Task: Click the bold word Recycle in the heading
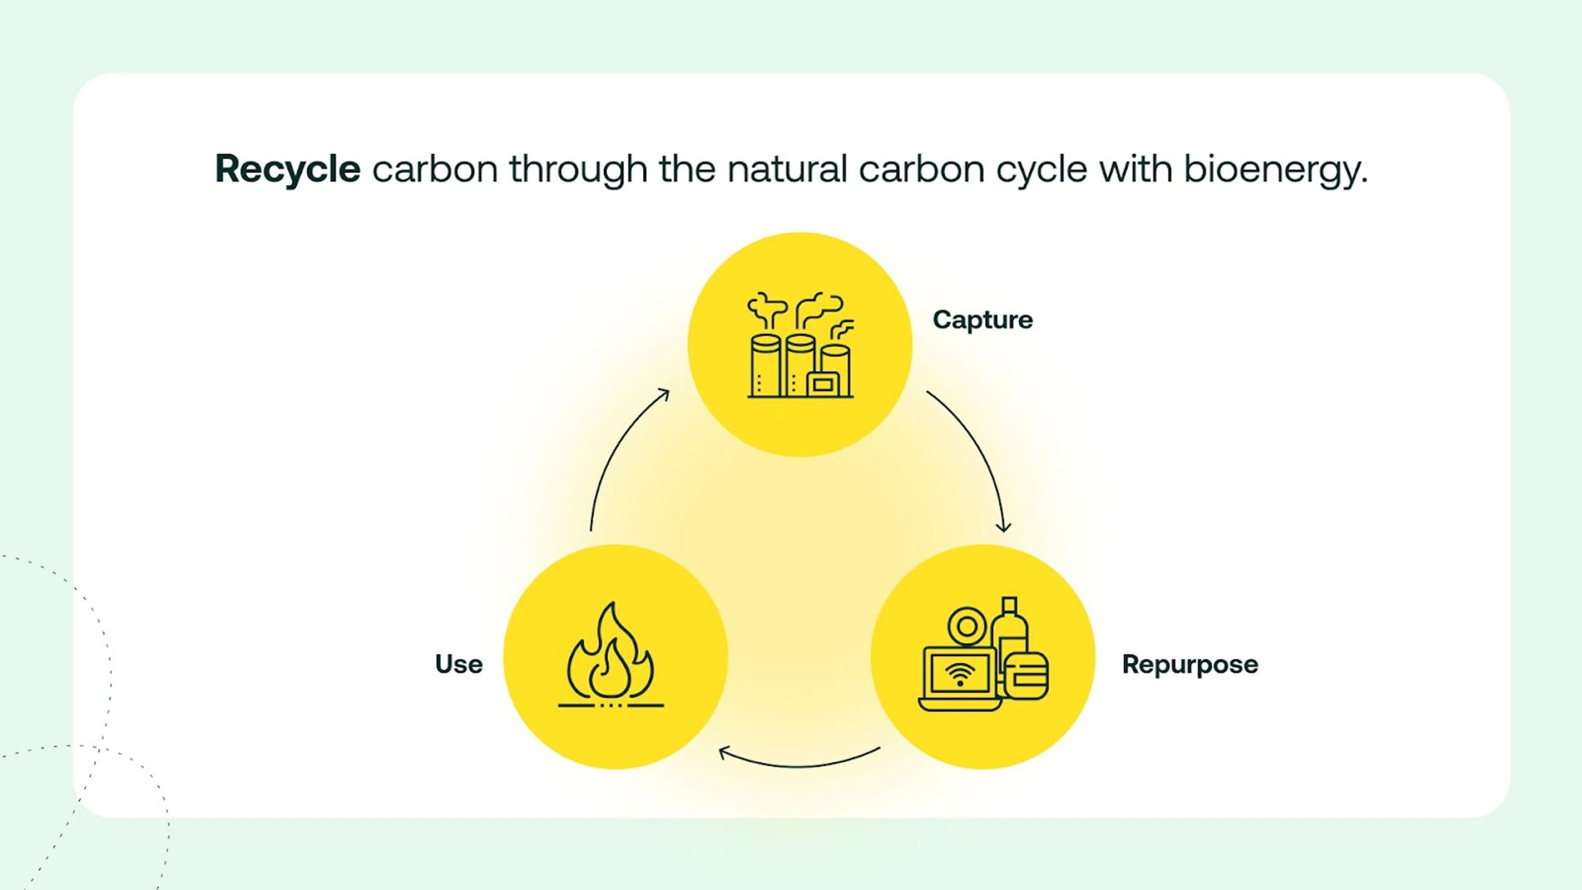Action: (288, 169)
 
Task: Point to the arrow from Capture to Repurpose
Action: (976, 454)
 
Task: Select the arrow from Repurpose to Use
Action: (800, 764)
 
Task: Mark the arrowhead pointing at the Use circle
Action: (725, 752)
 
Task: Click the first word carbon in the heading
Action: (435, 169)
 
